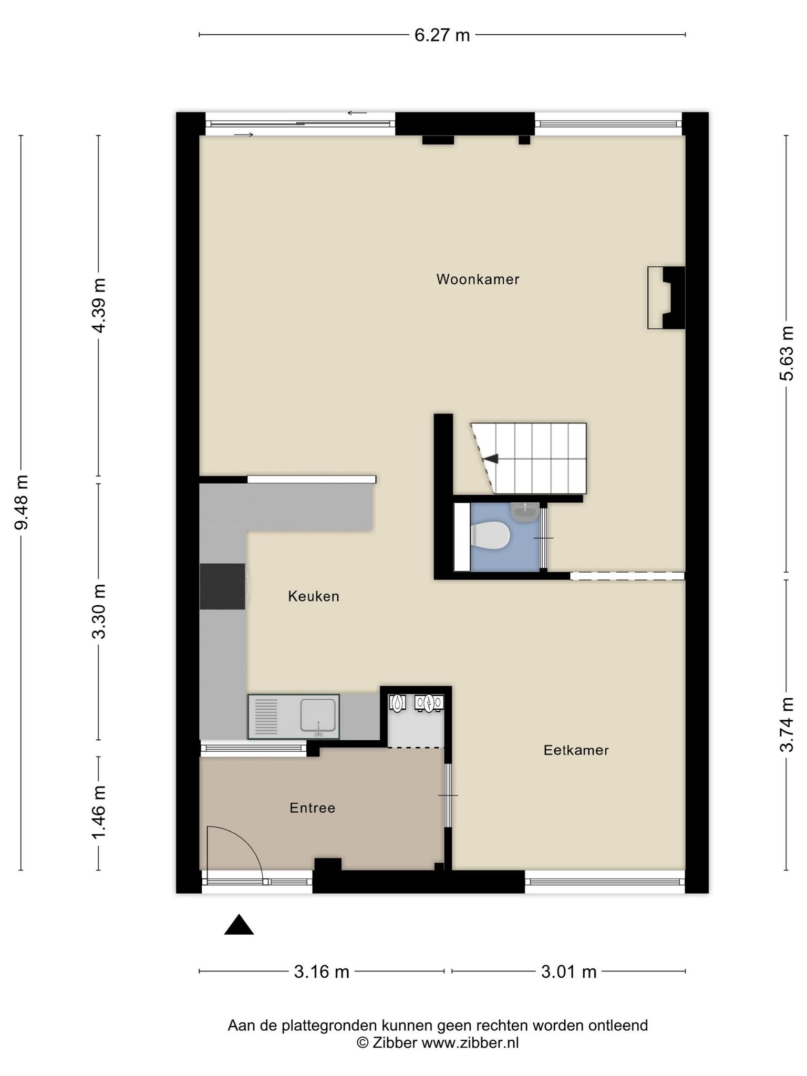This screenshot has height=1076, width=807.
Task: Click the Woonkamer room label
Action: point(478,279)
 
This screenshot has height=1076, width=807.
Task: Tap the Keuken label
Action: point(314,596)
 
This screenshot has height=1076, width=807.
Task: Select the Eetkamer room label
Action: point(576,750)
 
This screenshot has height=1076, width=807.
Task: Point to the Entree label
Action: point(312,808)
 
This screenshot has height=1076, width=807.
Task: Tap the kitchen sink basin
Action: point(318,715)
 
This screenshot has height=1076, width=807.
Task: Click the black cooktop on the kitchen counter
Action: point(223,586)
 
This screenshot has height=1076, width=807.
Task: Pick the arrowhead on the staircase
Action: point(491,459)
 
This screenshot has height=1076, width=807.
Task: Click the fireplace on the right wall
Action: point(666,298)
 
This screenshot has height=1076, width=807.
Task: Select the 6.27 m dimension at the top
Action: point(442,35)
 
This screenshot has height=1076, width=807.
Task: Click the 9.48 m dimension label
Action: point(22,502)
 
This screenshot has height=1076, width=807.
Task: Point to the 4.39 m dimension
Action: point(98,305)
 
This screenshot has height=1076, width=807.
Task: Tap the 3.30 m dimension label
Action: point(98,611)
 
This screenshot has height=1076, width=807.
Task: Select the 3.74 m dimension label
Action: point(787,725)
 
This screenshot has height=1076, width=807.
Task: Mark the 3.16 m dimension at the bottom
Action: point(322,972)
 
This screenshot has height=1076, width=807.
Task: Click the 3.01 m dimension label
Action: point(569,972)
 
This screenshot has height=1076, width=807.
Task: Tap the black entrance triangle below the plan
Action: point(239,925)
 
